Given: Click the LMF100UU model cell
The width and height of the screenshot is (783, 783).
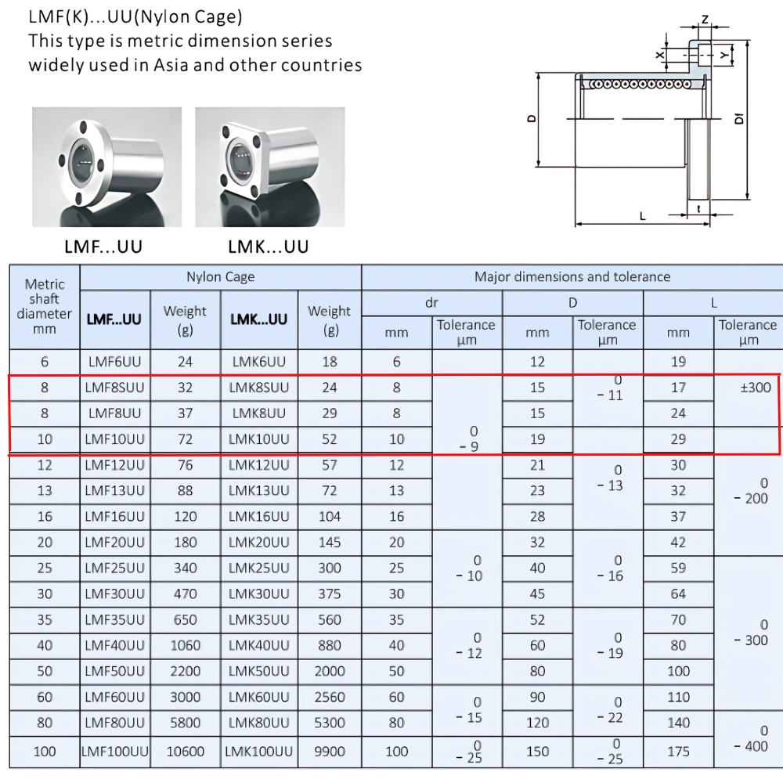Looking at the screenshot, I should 114,752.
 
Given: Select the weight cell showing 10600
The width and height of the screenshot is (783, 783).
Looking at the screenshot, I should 186,752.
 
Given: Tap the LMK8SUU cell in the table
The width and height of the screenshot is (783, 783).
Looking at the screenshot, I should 259,387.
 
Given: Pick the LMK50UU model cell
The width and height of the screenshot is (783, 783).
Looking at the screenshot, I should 259,671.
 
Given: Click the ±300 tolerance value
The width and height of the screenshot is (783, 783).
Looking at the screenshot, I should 749,387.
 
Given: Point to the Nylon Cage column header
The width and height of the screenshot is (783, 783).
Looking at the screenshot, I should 220,277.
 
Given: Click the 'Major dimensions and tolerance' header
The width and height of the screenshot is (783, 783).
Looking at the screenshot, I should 572,276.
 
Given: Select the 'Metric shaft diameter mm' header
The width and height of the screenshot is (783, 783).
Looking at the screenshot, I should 45,306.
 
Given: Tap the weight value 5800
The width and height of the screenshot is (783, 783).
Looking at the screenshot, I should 186,723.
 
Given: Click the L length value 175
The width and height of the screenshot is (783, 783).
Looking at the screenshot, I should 678,752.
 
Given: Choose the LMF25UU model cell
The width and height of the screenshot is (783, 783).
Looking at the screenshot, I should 114,568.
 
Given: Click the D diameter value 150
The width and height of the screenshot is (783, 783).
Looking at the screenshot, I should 537,752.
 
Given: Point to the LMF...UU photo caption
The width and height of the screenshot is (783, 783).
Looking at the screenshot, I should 103,247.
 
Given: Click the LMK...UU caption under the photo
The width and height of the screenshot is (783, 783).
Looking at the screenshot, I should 268,247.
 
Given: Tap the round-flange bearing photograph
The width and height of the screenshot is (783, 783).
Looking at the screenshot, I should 106,166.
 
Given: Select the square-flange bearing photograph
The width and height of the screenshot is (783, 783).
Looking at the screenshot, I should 269,166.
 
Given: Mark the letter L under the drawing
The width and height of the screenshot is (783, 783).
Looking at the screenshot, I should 643,215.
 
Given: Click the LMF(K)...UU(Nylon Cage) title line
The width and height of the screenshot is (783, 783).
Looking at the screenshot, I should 135,16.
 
